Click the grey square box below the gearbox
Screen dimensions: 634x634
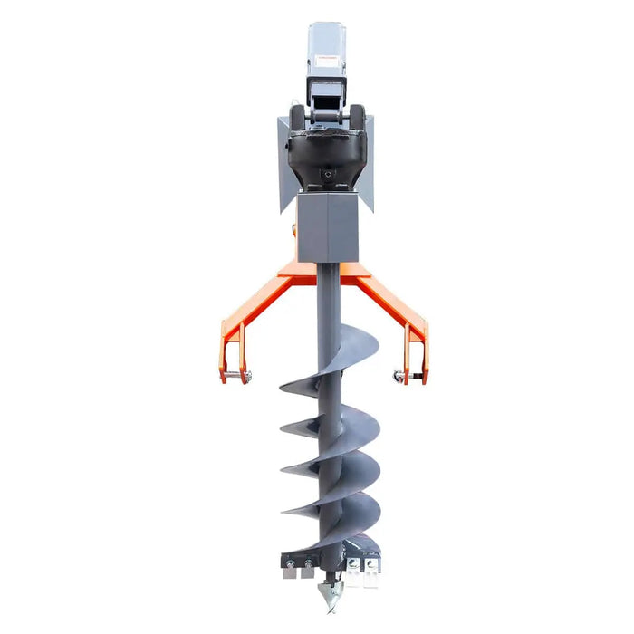point(327,226)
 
